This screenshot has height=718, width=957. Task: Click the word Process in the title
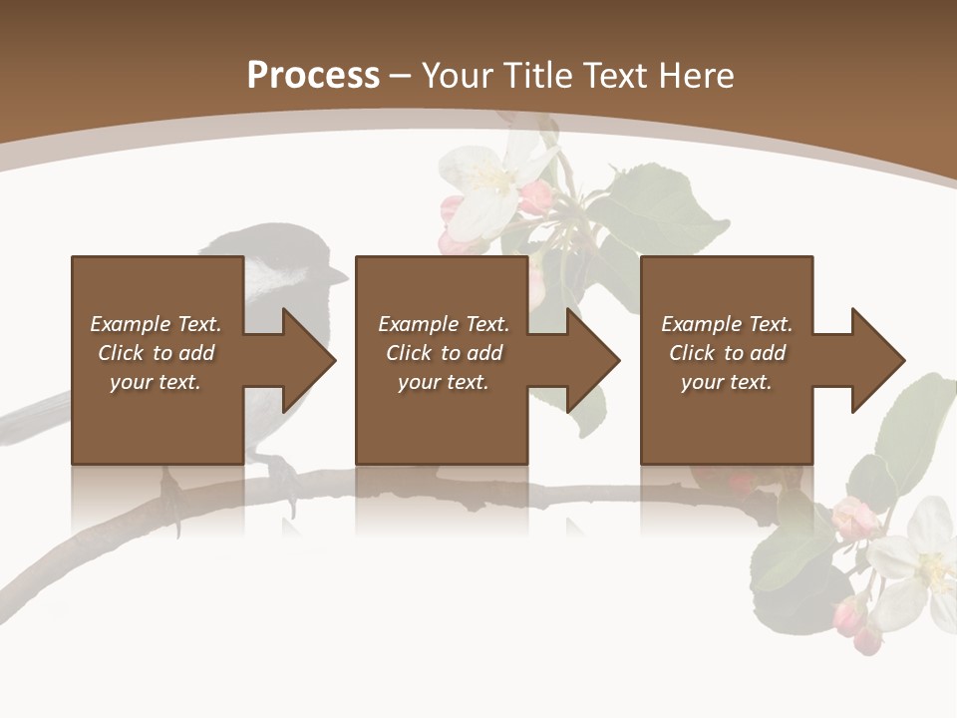(313, 75)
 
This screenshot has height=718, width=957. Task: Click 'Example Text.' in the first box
(156, 324)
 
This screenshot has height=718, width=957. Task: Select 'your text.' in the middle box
(443, 382)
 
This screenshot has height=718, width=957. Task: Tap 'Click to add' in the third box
(727, 353)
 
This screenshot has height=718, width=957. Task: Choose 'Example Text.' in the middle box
(444, 324)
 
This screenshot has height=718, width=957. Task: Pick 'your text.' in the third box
(726, 382)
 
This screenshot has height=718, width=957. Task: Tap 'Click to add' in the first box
(156, 353)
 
